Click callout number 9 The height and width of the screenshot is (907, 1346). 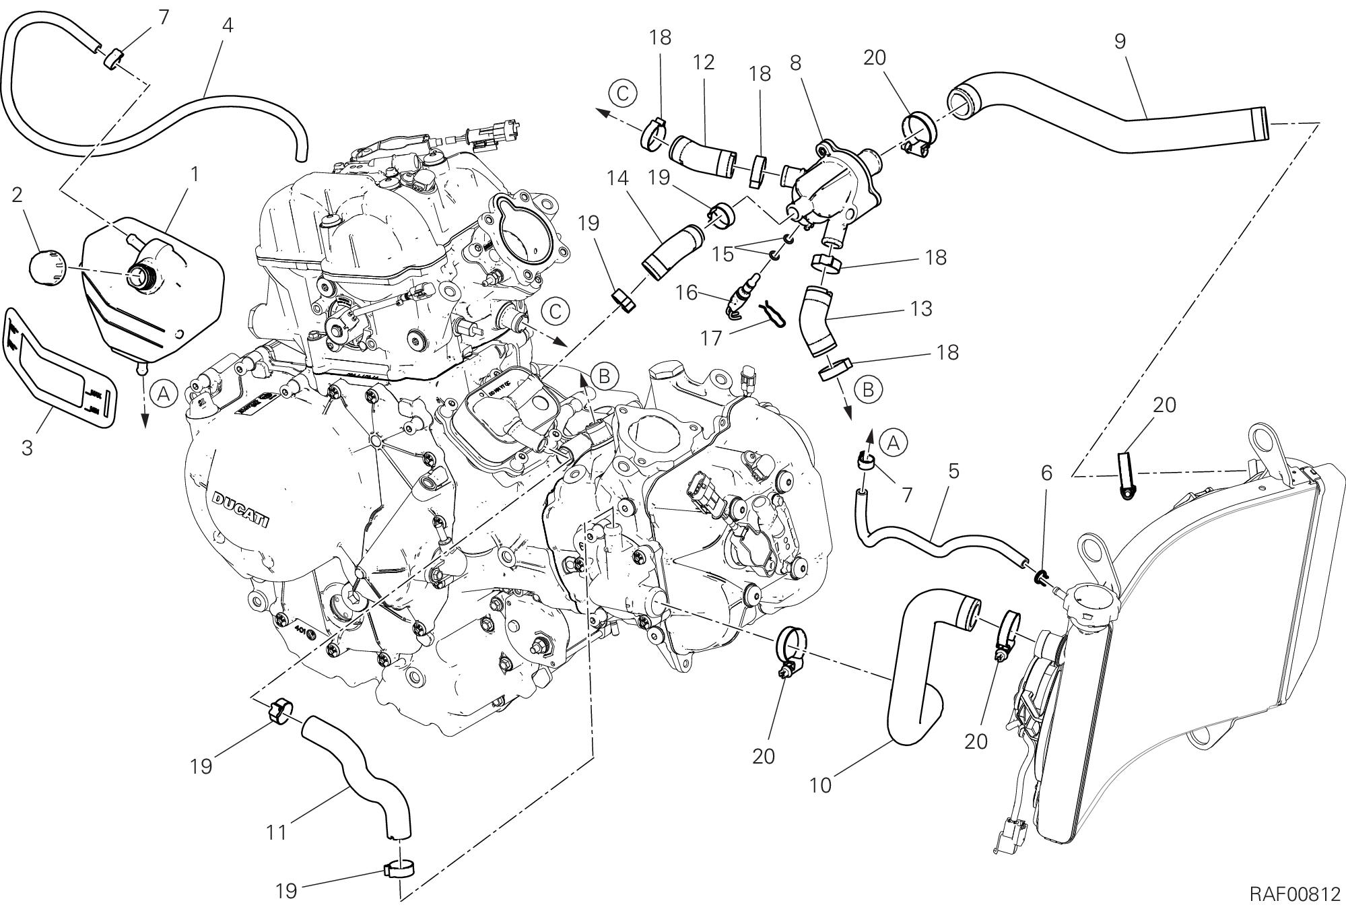pyautogui.click(x=1119, y=41)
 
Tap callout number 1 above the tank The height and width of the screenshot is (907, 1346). pyautogui.click(x=195, y=156)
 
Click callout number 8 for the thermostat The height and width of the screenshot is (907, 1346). pyautogui.click(x=795, y=63)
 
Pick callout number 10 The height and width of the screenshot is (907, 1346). pyautogui.click(x=821, y=784)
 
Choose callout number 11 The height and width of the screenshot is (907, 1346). pyautogui.click(x=277, y=832)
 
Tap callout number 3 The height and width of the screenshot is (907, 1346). pyautogui.click(x=28, y=448)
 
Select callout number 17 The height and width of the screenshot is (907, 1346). pyautogui.click(x=711, y=337)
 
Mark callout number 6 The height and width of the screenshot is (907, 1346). pyautogui.click(x=1046, y=473)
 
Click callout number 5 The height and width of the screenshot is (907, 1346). pyautogui.click(x=953, y=471)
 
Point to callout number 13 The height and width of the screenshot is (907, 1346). pyautogui.click(x=920, y=308)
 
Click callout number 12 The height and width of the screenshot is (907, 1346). pyautogui.click(x=703, y=63)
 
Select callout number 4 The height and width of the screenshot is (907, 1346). pyautogui.click(x=228, y=26)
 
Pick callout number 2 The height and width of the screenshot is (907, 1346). pyautogui.click(x=18, y=195)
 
